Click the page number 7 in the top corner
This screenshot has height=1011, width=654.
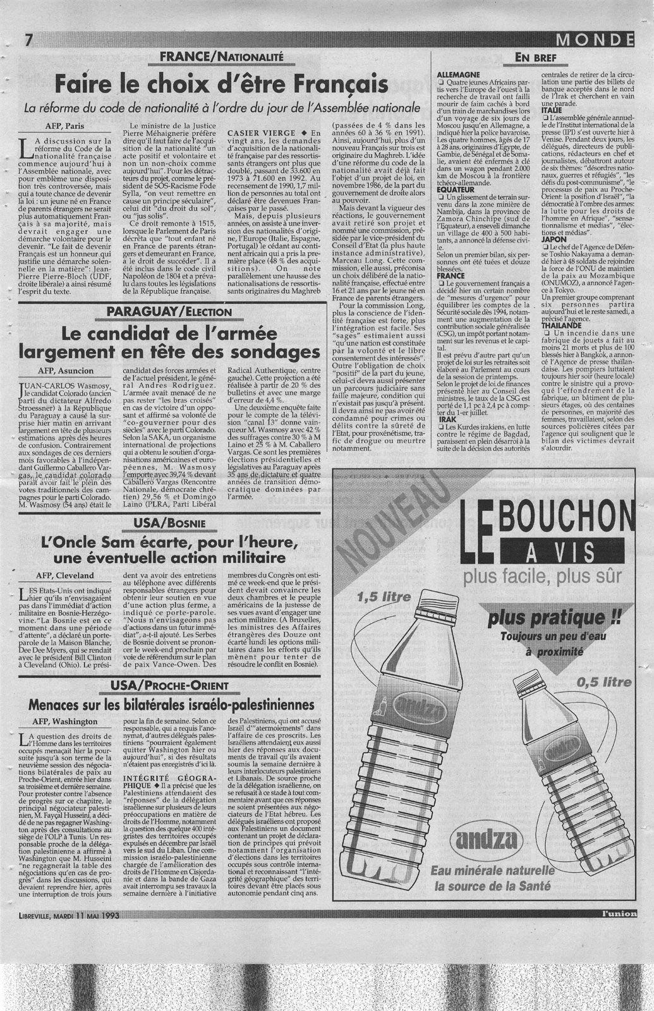pyautogui.click(x=28, y=41)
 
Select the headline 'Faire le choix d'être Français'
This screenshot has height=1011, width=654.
pyautogui.click(x=221, y=83)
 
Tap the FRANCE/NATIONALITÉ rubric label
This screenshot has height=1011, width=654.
pyautogui.click(x=221, y=58)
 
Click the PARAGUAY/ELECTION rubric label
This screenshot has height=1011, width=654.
pyautogui.click(x=169, y=312)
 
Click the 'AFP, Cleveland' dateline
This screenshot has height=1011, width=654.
pyautogui.click(x=65, y=575)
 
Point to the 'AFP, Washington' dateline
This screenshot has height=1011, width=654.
pyautogui.click(x=66, y=721)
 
